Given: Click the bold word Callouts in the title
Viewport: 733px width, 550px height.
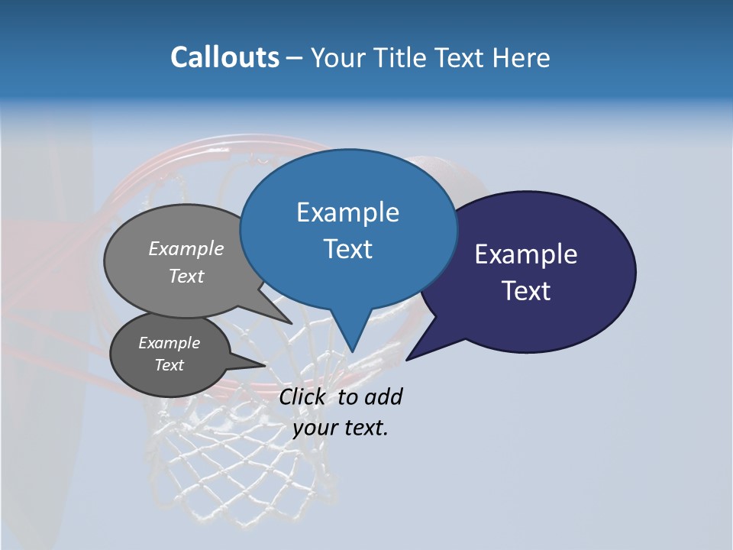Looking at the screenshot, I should click(x=224, y=57).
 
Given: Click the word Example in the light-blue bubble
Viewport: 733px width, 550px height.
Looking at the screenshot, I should click(x=347, y=212).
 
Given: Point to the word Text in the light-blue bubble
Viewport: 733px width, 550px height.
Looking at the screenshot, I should click(x=347, y=249).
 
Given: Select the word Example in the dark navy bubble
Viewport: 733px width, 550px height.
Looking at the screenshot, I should click(x=526, y=254).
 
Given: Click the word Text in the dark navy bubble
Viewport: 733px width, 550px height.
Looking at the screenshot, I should click(x=526, y=291).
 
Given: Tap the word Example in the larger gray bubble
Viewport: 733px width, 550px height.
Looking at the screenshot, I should click(x=186, y=248).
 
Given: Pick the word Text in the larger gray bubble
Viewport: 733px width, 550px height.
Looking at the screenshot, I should click(x=186, y=276).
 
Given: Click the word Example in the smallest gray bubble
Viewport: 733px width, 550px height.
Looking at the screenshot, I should click(x=169, y=343).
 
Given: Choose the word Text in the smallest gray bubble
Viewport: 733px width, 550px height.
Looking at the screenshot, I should click(x=169, y=365).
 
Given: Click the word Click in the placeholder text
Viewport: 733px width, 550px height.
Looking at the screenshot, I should click(x=304, y=396).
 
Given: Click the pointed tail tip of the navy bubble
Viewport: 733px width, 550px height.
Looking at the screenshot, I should click(x=408, y=359).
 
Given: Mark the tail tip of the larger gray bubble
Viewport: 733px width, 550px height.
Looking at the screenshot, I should click(x=291, y=323).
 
